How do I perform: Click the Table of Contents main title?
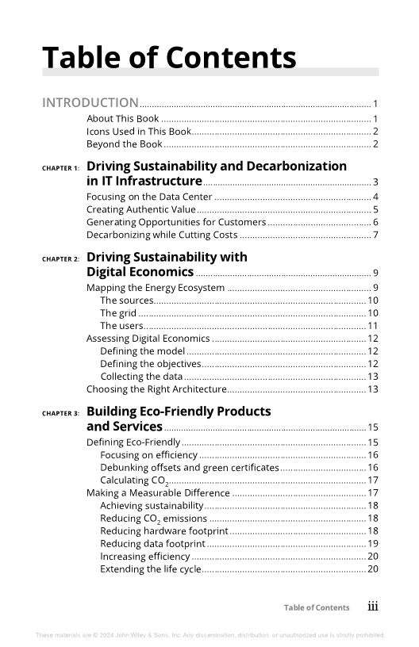coord(169,58)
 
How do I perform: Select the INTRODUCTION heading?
coord(90,102)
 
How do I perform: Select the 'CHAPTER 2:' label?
coord(60,259)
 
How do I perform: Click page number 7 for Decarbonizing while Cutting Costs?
coord(375,235)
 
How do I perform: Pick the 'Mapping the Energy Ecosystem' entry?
coord(156,288)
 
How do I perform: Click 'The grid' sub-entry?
coord(118,313)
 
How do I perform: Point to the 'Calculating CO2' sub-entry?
coord(133,480)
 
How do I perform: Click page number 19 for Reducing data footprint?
coord(373,544)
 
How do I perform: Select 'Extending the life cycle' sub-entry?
coord(151,569)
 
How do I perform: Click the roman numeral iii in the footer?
coord(372,607)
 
